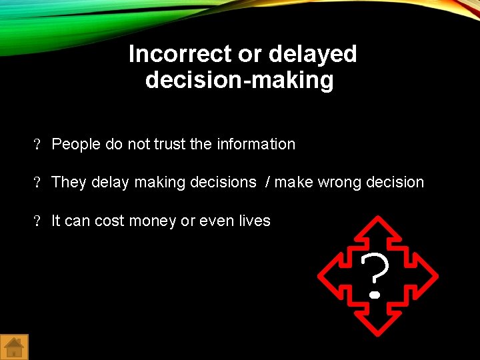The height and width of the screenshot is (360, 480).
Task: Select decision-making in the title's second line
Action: (239, 81)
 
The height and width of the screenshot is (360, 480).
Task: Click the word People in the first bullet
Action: (76, 144)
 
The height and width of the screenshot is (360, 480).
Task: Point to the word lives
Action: (253, 221)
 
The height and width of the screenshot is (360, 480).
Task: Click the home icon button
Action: (14, 347)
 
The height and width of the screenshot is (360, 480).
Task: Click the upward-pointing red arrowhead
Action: (377, 227)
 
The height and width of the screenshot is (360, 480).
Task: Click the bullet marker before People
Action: (38, 145)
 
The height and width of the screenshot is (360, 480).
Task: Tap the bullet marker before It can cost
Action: (38, 221)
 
